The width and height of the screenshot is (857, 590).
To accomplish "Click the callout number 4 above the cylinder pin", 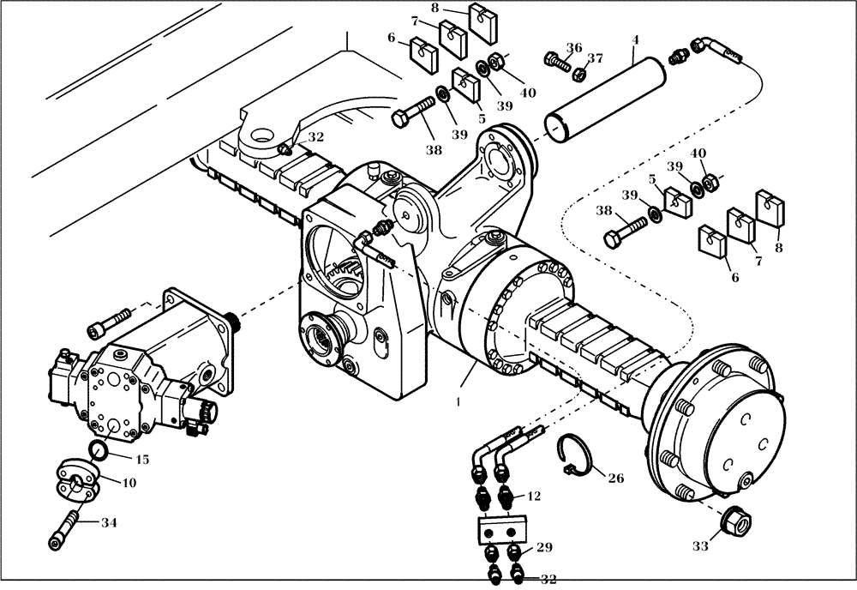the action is pyautogui.click(x=636, y=39).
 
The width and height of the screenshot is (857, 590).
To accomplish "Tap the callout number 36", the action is pyautogui.click(x=574, y=48).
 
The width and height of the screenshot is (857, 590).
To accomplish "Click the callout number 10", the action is pyautogui.click(x=129, y=483).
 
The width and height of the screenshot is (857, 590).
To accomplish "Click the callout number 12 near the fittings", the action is pyautogui.click(x=534, y=496).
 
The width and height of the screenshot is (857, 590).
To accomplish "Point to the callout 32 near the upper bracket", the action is pyautogui.click(x=316, y=136).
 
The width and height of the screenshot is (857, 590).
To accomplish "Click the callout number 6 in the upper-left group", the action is pyautogui.click(x=392, y=38).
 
